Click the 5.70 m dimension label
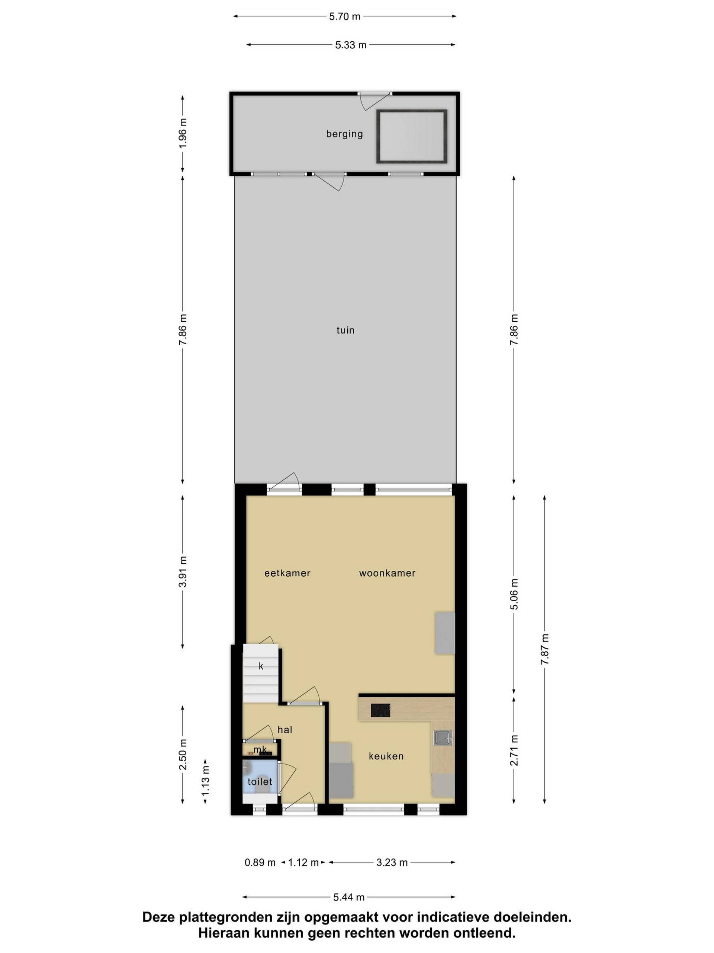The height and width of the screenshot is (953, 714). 344,17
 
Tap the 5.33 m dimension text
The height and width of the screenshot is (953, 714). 350,45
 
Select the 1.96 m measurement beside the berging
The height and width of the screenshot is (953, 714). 183,133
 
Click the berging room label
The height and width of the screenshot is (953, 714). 344,134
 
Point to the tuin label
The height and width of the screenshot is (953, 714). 345,331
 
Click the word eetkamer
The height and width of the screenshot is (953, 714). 287,573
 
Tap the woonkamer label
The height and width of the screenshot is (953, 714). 387,573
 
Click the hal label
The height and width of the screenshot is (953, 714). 284,729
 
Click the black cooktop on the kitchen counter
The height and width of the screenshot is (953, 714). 380,710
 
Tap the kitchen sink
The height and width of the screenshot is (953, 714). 443,737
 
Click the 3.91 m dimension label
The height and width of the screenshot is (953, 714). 183,572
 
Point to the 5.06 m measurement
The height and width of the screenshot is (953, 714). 514,595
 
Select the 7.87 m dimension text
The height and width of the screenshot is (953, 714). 545,649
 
